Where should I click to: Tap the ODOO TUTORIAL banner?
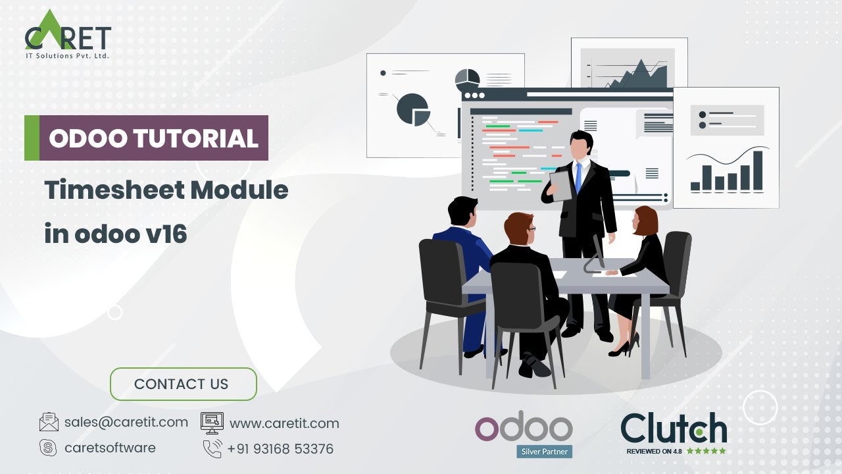click(x=153, y=138)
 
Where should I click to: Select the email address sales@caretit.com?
click(x=126, y=422)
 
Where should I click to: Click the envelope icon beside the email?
click(x=49, y=422)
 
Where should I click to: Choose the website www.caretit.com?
click(x=284, y=423)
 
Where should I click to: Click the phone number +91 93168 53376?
click(x=280, y=449)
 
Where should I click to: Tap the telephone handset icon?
click(x=212, y=449)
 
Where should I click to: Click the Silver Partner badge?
click(x=544, y=452)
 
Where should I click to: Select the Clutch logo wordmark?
click(x=674, y=428)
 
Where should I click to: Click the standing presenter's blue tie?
click(x=578, y=176)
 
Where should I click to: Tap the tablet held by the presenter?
click(x=561, y=185)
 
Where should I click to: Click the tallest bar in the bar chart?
click(x=758, y=171)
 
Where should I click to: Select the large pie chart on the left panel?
click(x=412, y=109)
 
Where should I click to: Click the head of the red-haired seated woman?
click(x=645, y=221)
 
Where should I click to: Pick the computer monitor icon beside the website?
click(x=212, y=423)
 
